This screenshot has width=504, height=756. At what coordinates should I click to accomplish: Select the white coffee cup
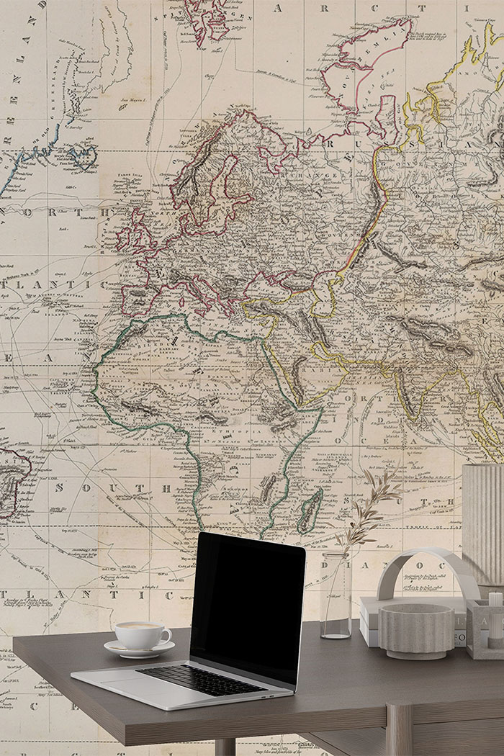pyautogui.click(x=141, y=635)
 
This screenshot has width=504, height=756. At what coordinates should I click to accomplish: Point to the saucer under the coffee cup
pyautogui.click(x=138, y=649)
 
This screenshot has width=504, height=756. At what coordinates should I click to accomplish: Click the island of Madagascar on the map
pyautogui.click(x=310, y=510)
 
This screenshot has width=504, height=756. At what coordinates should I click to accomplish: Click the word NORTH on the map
pyautogui.click(x=54, y=213)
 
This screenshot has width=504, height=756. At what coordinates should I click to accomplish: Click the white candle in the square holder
pyautogui.click(x=495, y=619)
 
